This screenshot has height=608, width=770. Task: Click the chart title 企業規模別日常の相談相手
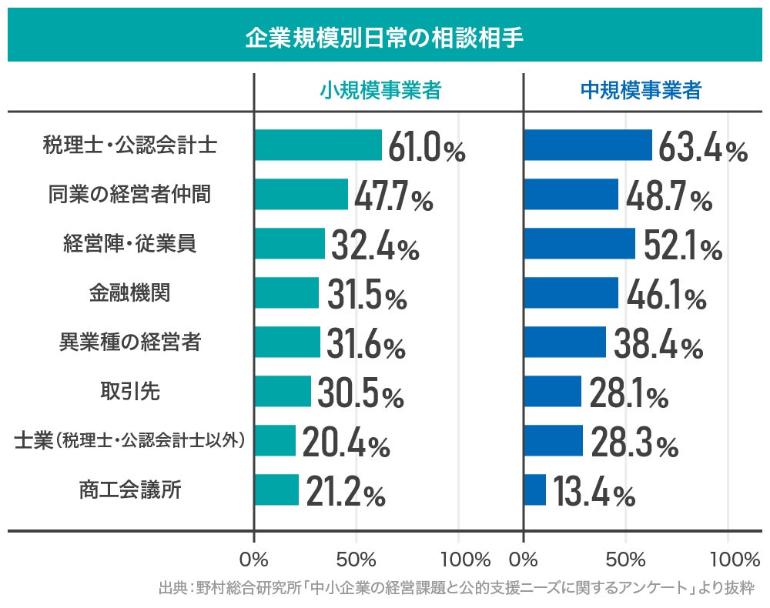click(384, 37)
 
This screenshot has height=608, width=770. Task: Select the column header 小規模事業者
click(380, 91)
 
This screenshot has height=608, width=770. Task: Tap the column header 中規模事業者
click(641, 91)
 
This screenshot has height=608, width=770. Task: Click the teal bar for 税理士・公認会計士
click(318, 145)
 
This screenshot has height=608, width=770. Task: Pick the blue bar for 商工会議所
click(535, 489)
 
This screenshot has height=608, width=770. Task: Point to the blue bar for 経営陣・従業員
click(580, 243)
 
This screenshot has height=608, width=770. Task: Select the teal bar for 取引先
click(283, 391)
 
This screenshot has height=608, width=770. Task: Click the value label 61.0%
click(427, 148)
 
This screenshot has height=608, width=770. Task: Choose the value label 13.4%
click(594, 493)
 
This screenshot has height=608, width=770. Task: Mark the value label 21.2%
click(345, 493)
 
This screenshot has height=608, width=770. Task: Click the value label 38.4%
click(658, 345)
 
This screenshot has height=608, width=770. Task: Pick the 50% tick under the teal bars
click(357, 558)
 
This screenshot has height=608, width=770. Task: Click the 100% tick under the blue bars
click(729, 558)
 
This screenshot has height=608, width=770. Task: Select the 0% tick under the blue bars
click(524, 558)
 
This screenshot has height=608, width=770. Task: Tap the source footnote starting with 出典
click(457, 589)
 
